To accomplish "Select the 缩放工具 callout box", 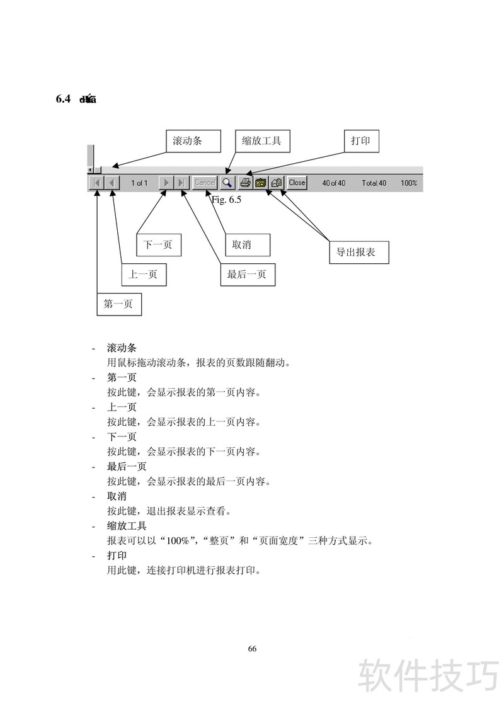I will point(263,141).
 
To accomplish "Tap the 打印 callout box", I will point(361,141).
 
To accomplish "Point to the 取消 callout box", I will point(248,244).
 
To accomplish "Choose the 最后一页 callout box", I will point(247,275).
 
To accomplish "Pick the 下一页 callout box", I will point(158,244).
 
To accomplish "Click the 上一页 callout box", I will point(143,275).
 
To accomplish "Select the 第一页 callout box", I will point(118,304).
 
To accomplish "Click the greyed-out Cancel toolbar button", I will point(205,183).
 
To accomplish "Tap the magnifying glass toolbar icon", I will point(227,183).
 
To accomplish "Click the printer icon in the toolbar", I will point(245,183).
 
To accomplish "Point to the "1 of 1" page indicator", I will point(139,183).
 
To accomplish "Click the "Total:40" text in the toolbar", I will point(374,183).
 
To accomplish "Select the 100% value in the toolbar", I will point(409,183).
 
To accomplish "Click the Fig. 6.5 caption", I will point(227,200).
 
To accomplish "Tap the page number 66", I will point(252,649).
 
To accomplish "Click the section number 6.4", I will point(63,99).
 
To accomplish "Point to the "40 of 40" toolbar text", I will point(333,183).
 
